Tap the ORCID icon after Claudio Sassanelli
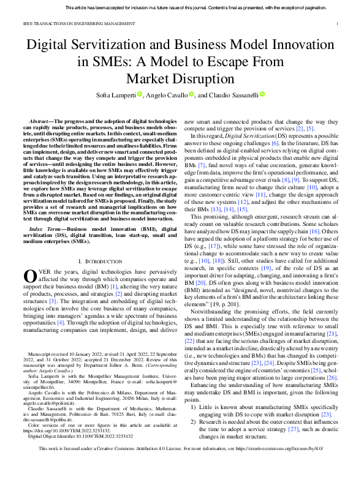[262, 95]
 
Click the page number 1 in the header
[338, 24]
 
